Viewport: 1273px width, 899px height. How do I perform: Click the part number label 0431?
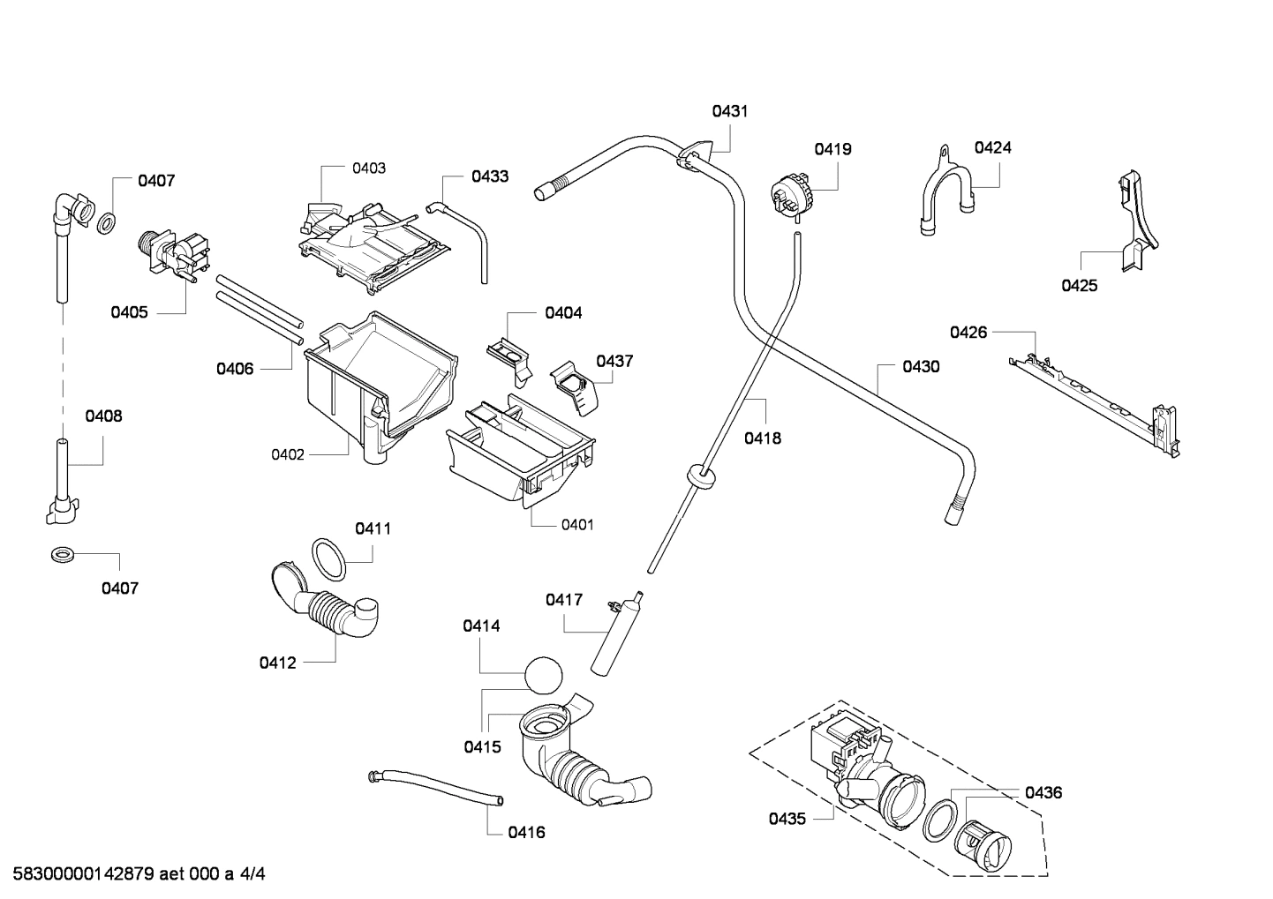(730, 111)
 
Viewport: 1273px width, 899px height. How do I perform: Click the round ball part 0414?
(542, 678)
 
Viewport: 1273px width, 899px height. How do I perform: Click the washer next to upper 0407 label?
(104, 224)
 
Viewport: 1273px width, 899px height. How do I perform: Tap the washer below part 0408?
(62, 556)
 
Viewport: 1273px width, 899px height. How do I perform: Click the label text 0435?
(787, 819)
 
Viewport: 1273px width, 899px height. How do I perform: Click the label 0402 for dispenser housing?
(288, 455)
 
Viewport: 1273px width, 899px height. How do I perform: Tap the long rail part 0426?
(1095, 398)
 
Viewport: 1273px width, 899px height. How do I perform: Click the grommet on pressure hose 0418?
(701, 476)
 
